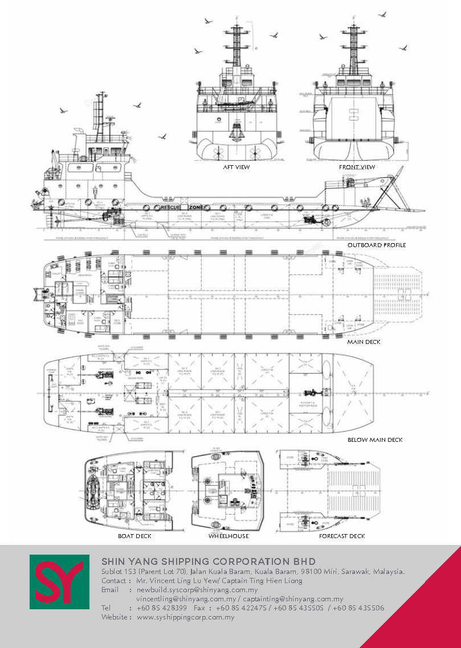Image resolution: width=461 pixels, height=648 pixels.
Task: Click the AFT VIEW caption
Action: tap(236, 167)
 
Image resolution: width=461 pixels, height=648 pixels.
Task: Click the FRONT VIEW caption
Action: tap(357, 167)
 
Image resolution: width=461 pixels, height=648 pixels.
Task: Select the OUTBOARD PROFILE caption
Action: tap(377, 245)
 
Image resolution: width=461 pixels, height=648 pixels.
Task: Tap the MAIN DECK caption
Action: tap(364, 342)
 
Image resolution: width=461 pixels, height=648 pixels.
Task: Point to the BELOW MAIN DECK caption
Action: tap(375, 440)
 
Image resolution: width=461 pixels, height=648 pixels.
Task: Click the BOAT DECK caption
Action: tap(134, 536)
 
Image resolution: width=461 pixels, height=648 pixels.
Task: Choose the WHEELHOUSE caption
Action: tap(229, 536)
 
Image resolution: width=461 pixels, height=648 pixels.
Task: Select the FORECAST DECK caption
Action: tap(342, 536)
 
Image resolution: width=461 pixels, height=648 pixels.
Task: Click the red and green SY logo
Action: tap(59, 582)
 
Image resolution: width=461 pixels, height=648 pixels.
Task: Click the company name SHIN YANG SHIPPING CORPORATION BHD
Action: tap(208, 561)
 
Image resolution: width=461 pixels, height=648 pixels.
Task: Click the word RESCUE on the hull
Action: tap(170, 208)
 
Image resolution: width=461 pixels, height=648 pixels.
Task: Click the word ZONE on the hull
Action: tap(197, 208)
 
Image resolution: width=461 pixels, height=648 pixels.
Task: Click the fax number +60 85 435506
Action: tap(358, 608)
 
